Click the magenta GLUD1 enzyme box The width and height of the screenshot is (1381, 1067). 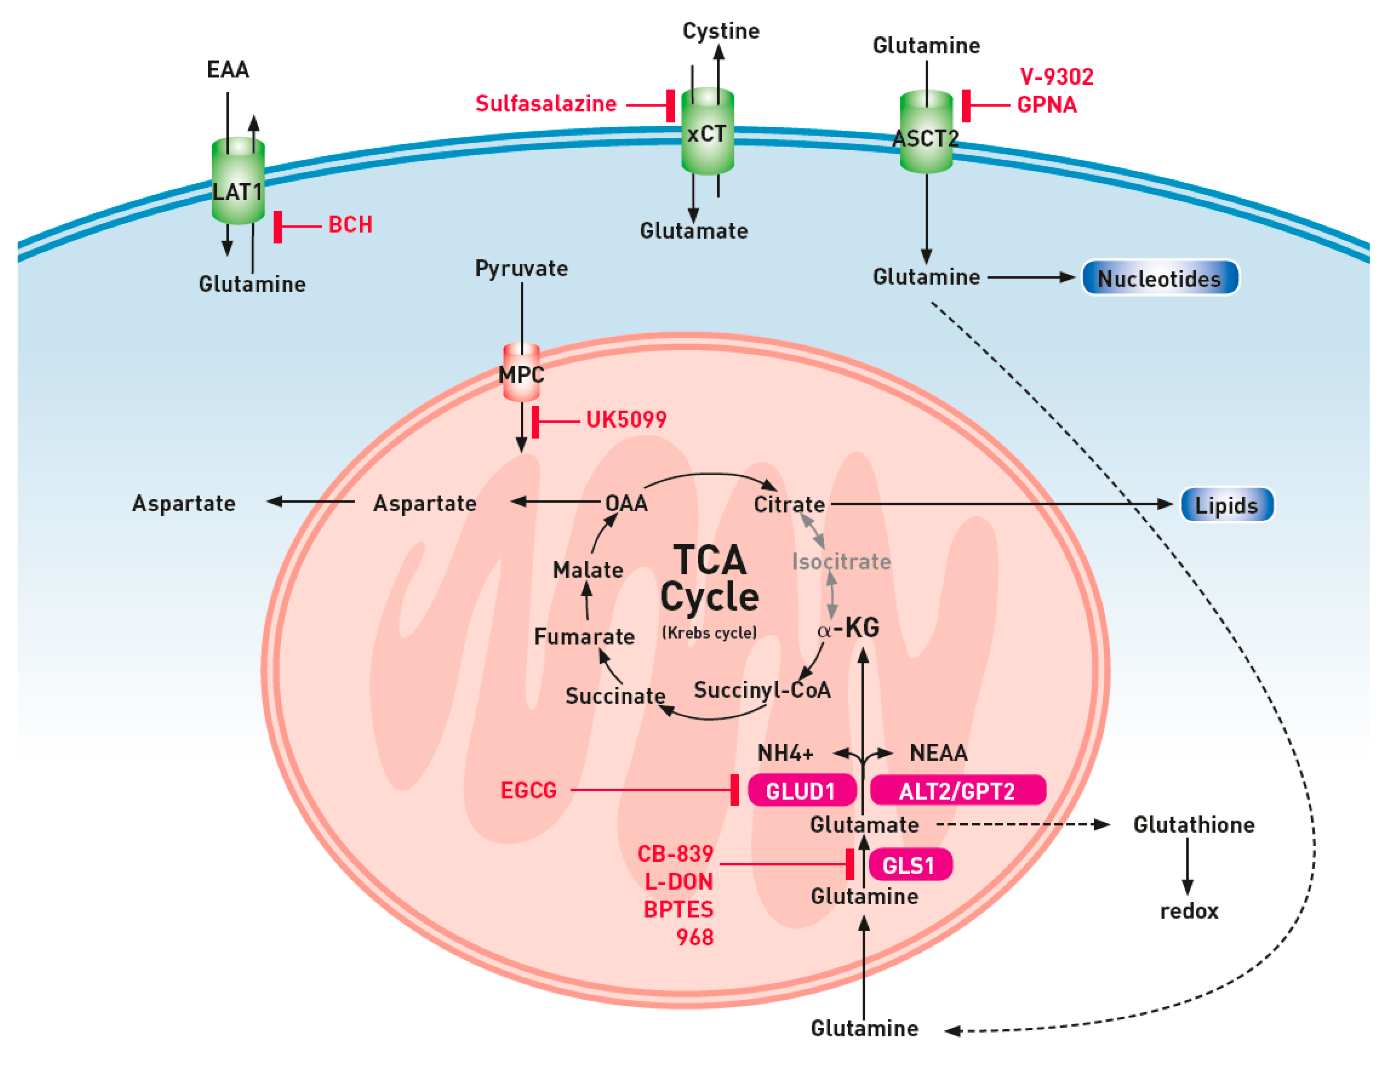pos(801,790)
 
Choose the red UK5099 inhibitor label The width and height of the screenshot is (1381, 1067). pos(626,419)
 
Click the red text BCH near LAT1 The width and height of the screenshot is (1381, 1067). pos(350,224)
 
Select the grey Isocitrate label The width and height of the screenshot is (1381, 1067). pos(841,561)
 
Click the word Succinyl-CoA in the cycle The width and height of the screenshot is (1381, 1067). pos(762,689)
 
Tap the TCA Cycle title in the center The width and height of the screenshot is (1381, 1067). pos(710,578)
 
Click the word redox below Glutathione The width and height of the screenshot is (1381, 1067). pos(1189,911)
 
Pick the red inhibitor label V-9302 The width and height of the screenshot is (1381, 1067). pos(1056,77)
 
